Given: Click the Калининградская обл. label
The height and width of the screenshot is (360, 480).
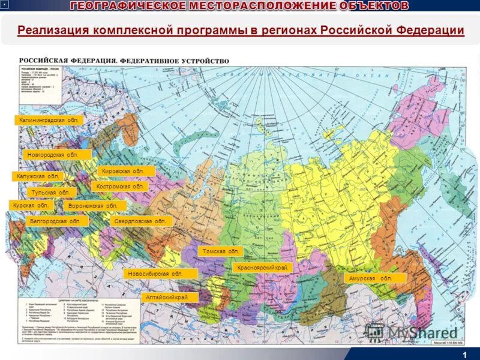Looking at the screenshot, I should pyautogui.click(x=49, y=120).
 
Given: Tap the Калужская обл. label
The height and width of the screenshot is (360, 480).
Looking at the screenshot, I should pyautogui.click(x=37, y=176).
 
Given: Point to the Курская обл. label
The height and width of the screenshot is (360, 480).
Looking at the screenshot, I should pyautogui.click(x=31, y=205).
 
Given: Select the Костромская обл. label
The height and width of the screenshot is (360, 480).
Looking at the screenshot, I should pyautogui.click(x=122, y=187).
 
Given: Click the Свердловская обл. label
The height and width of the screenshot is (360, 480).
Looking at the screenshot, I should pyautogui.click(x=142, y=221).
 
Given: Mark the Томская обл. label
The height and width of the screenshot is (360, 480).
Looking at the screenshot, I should pyautogui.click(x=221, y=251).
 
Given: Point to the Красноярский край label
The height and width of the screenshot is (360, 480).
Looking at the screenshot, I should pyautogui.click(x=262, y=267).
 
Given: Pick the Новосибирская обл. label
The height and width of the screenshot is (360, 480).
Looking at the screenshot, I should pyautogui.click(x=161, y=274).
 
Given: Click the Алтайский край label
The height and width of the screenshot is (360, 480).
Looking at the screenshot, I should pyautogui.click(x=172, y=297).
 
